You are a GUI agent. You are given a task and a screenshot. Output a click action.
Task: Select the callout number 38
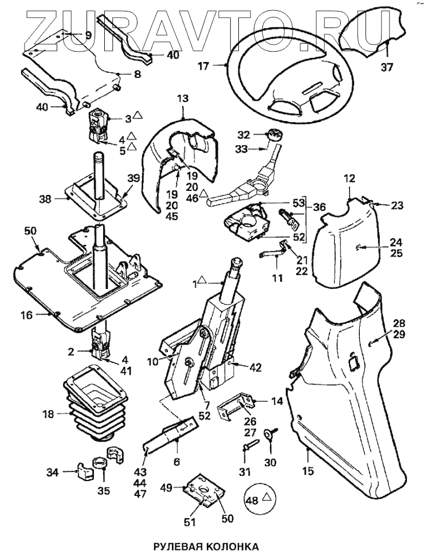tap(45, 200)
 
